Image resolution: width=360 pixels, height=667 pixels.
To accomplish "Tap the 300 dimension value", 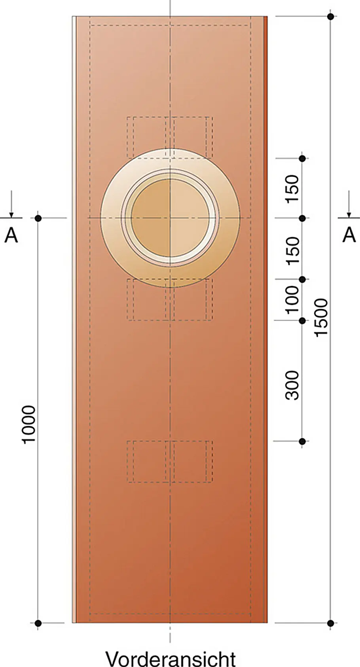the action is pyautogui.click(x=292, y=385).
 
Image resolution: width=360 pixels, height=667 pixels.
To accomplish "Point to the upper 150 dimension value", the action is pyautogui.click(x=292, y=189).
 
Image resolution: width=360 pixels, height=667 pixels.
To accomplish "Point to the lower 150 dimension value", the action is pyautogui.click(x=292, y=250).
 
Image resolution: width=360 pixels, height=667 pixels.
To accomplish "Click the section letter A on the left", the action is pyautogui.click(x=11, y=235).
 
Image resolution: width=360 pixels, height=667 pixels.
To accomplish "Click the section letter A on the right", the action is pyautogui.click(x=349, y=235).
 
